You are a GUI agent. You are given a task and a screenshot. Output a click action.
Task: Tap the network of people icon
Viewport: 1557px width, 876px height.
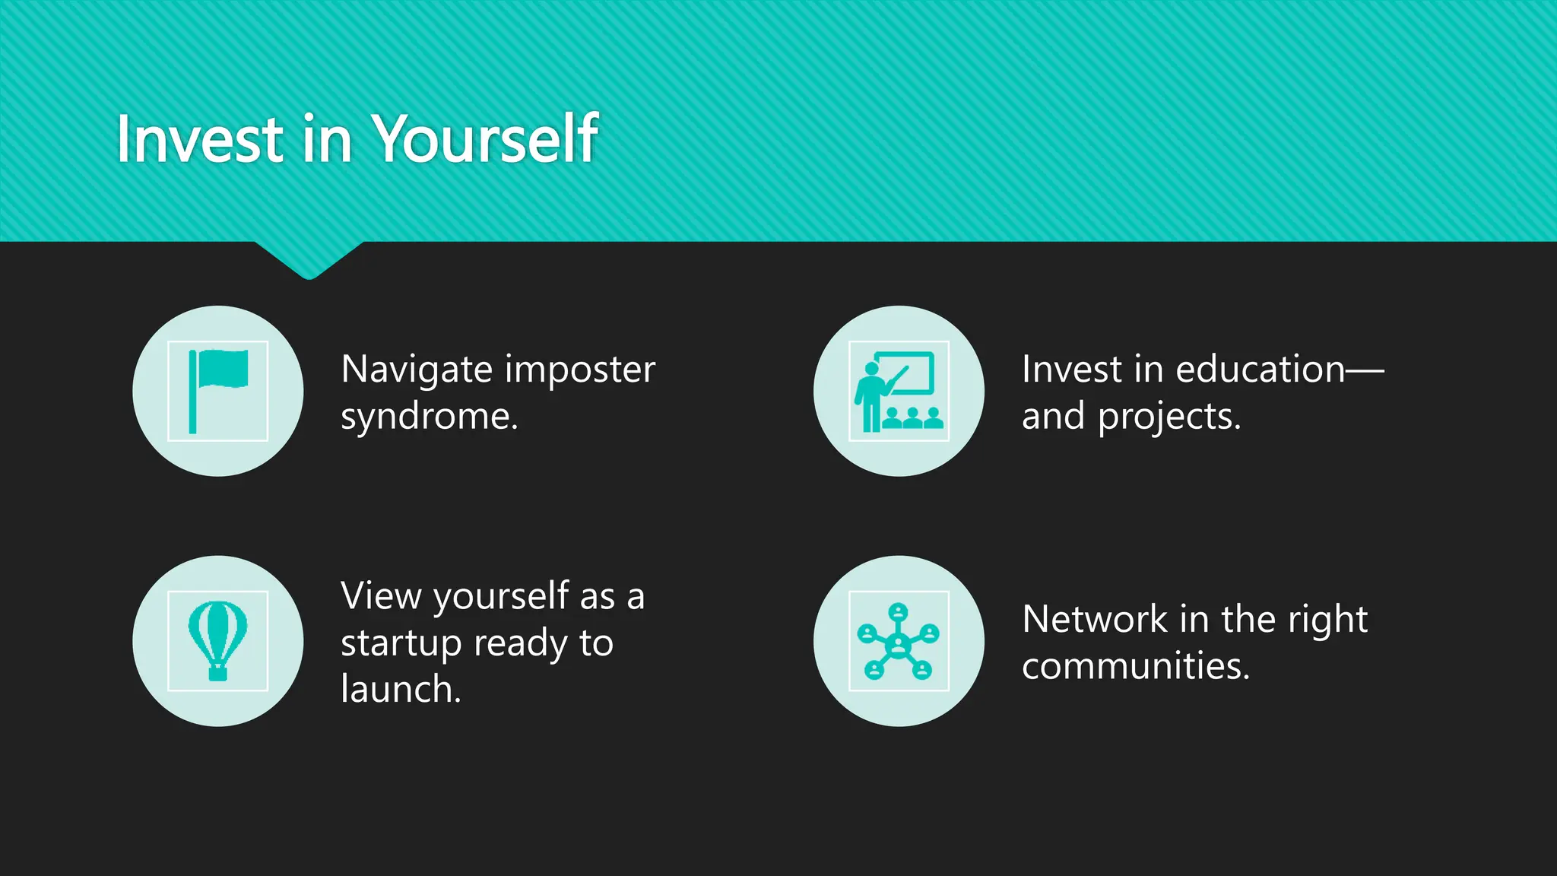(x=899, y=640)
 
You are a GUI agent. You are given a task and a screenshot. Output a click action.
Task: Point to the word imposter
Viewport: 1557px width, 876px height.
(x=579, y=370)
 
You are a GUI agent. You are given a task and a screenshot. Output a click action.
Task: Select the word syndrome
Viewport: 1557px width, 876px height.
(x=428, y=417)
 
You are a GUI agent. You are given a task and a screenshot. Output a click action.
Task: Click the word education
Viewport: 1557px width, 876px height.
(x=1260, y=370)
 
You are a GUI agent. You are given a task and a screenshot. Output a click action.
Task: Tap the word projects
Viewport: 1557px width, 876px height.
(x=1169, y=417)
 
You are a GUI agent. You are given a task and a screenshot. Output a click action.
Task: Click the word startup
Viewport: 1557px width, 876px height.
(x=401, y=644)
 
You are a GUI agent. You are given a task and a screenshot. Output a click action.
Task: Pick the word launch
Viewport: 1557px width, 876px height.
(x=400, y=690)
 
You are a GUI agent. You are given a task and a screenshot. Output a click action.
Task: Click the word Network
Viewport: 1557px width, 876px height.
(x=1095, y=619)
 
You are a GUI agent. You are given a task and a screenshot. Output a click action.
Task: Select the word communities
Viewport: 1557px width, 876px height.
(x=1135, y=666)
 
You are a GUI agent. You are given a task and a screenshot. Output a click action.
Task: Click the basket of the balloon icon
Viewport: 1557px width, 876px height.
(x=218, y=673)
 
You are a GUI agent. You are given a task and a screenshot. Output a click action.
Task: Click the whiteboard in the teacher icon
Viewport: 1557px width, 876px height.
(x=908, y=372)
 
